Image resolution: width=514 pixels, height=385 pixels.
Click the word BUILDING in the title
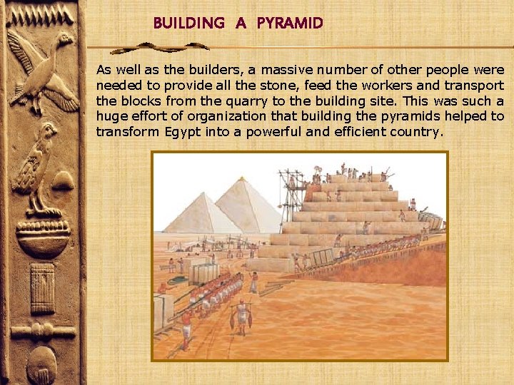(188, 24)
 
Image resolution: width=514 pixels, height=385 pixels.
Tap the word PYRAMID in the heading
(290, 24)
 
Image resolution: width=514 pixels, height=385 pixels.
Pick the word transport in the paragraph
(476, 86)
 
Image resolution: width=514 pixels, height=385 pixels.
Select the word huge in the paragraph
(110, 117)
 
